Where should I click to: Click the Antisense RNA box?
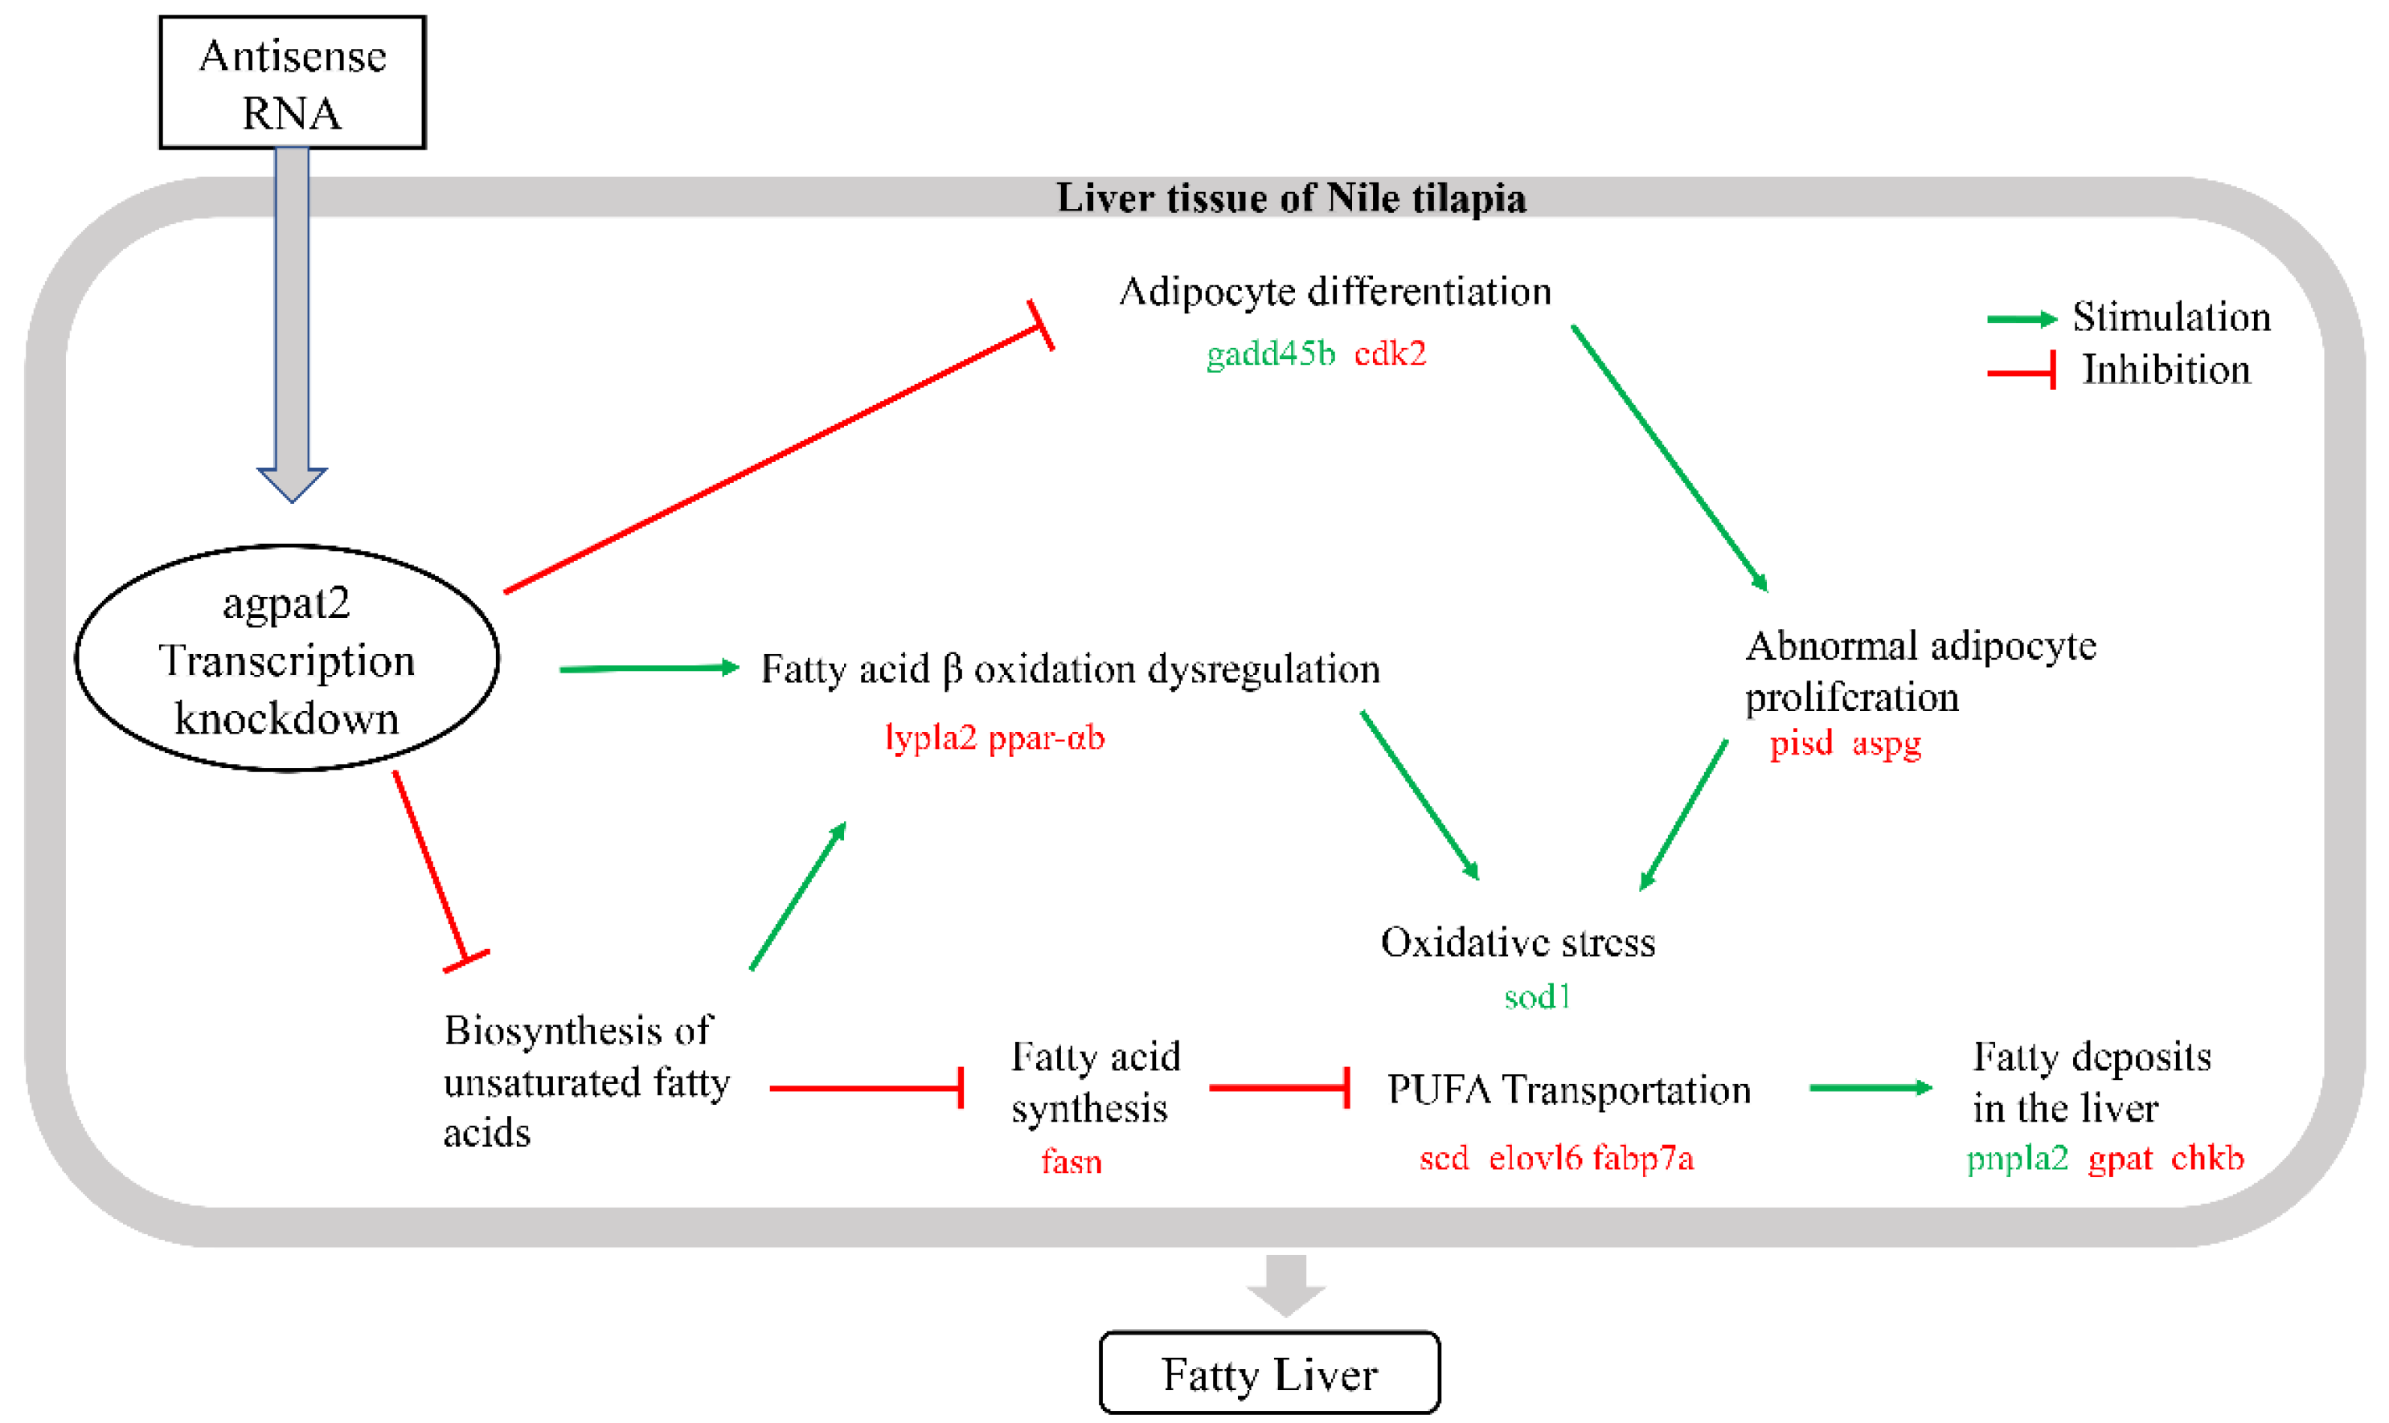pyautogui.click(x=293, y=84)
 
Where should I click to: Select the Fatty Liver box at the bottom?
pyautogui.click(x=1268, y=1373)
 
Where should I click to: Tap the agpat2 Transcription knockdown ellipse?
pyautogui.click(x=287, y=660)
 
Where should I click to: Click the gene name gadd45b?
pyautogui.click(x=1270, y=354)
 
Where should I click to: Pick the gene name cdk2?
pyautogui.click(x=1390, y=354)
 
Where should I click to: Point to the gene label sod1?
pyautogui.click(x=1536, y=997)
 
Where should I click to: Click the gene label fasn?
pyautogui.click(x=1072, y=1162)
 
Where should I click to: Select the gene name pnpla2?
pyautogui.click(x=2017, y=1159)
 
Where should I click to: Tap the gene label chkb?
pyautogui.click(x=2207, y=1159)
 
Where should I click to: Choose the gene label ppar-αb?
pyautogui.click(x=1047, y=738)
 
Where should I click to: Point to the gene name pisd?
pyautogui.click(x=1800, y=743)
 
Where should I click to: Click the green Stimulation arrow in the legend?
pyautogui.click(x=2021, y=319)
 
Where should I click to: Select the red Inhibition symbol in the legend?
pyautogui.click(x=2021, y=371)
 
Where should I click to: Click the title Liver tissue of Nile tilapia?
pyautogui.click(x=1291, y=198)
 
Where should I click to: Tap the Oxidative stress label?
pyautogui.click(x=1517, y=943)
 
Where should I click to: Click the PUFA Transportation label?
pyautogui.click(x=1569, y=1090)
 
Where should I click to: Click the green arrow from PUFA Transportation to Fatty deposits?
pyautogui.click(x=1871, y=1089)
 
